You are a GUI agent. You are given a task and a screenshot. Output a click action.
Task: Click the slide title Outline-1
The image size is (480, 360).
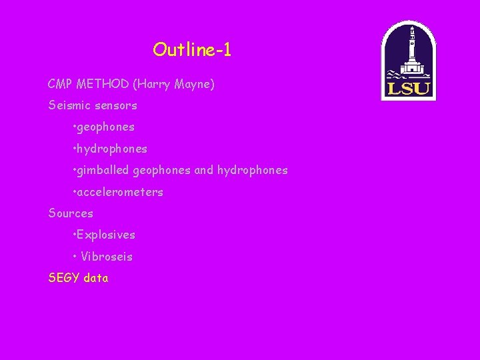192,50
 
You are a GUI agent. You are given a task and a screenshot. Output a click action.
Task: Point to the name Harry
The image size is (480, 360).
153,85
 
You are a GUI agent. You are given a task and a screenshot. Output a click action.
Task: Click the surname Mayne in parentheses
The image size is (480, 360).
193,85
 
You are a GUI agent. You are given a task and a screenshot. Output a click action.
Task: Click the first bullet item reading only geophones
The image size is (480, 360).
105,127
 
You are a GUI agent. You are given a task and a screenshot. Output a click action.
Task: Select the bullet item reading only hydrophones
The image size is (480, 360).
112,149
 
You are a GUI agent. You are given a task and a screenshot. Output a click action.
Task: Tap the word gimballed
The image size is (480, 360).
103,171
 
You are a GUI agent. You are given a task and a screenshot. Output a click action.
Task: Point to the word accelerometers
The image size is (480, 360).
120,193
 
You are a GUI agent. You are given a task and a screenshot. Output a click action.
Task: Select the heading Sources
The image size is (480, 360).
71,214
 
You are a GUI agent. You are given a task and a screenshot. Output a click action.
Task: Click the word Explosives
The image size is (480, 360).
106,235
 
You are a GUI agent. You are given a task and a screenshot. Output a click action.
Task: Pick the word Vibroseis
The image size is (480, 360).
107,257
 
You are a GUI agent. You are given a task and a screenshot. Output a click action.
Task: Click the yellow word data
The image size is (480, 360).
96,278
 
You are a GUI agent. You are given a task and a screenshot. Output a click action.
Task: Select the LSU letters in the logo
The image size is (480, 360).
409,89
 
